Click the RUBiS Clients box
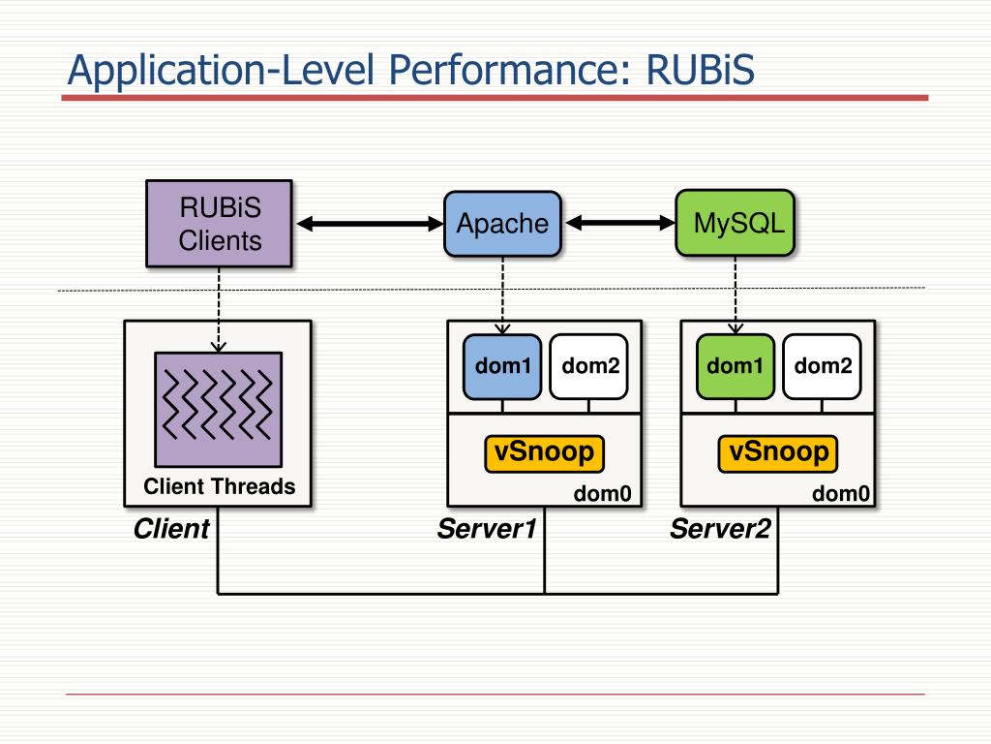pos(219,224)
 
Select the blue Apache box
pos(502,224)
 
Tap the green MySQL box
pos(736,223)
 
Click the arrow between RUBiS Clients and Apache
pos(371,224)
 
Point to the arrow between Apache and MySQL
pos(620,223)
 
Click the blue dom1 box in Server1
pos(502,366)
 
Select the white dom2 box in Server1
pos(589,366)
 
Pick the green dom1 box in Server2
pos(736,366)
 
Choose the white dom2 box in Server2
pos(823,366)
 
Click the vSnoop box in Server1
pos(544,453)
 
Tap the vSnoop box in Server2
pos(778,453)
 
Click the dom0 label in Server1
pos(602,493)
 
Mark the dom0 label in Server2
pos(841,493)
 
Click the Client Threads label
pos(220,486)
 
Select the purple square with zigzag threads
pos(219,410)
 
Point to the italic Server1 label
pos(487,529)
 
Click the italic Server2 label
pos(720,529)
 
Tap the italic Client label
pos(171,529)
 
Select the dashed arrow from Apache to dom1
pos(502,295)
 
